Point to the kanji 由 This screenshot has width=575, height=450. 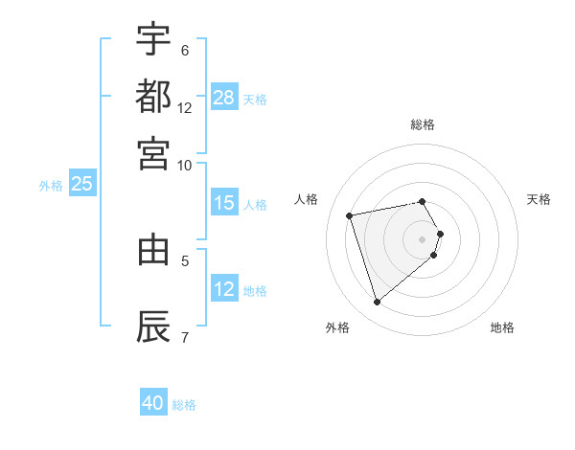[x=153, y=249]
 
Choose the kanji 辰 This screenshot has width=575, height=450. [x=153, y=326]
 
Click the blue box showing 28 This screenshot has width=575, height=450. [x=224, y=98]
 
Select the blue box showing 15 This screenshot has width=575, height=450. [x=224, y=203]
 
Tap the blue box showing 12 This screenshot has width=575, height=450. [x=224, y=289]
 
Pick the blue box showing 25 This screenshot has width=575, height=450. [x=81, y=185]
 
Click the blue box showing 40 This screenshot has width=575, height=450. [x=153, y=403]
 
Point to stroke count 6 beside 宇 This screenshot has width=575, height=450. [x=184, y=51]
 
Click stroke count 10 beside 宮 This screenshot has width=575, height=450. [x=184, y=165]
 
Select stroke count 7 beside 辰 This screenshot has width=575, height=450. [x=184, y=336]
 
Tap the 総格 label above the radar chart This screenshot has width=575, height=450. [x=422, y=124]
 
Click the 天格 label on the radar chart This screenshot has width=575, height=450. [x=539, y=199]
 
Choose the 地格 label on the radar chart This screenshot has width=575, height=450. [x=502, y=328]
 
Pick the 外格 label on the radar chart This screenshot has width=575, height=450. [x=337, y=328]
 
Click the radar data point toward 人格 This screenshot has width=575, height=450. [x=350, y=214]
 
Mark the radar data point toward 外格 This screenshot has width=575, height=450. [x=377, y=303]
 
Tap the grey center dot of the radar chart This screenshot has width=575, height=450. [x=422, y=238]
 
